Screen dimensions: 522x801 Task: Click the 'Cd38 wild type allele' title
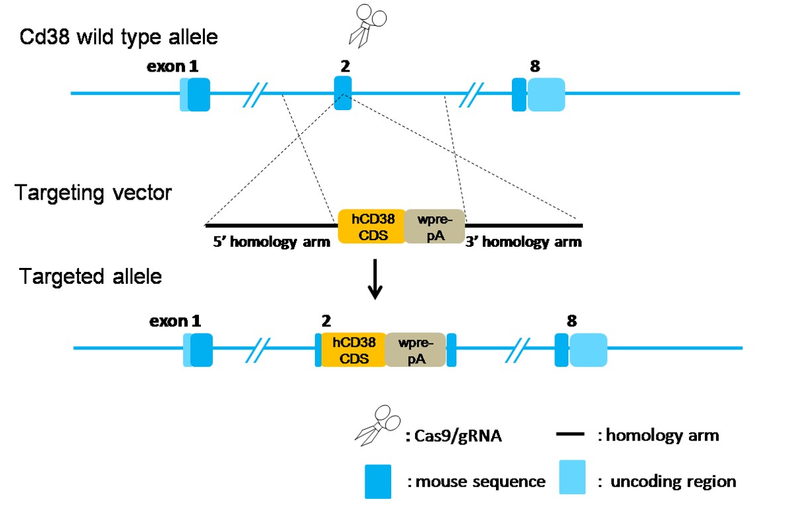(118, 37)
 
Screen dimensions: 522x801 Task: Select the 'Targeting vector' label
(93, 194)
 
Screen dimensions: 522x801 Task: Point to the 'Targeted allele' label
(90, 276)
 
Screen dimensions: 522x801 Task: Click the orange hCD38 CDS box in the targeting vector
(371, 226)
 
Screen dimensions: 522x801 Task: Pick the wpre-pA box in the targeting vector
(434, 226)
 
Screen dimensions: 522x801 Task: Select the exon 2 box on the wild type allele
(342, 93)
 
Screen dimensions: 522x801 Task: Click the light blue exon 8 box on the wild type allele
(546, 94)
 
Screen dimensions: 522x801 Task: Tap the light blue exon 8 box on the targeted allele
(588, 349)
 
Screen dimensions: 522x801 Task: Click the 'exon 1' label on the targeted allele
(174, 321)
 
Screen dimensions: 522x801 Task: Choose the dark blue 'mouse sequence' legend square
(377, 481)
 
